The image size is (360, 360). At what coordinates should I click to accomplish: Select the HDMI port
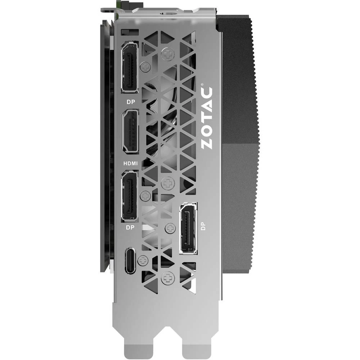[130, 131]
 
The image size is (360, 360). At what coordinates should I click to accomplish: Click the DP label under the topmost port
[130, 102]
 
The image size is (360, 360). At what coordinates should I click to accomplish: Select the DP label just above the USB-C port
[130, 228]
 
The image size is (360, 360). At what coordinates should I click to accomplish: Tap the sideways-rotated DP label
[204, 226]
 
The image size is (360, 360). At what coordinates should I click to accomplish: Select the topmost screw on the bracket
[167, 54]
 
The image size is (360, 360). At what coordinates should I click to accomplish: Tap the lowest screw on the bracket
[167, 278]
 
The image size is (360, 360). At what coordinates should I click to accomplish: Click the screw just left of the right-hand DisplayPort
[169, 228]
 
